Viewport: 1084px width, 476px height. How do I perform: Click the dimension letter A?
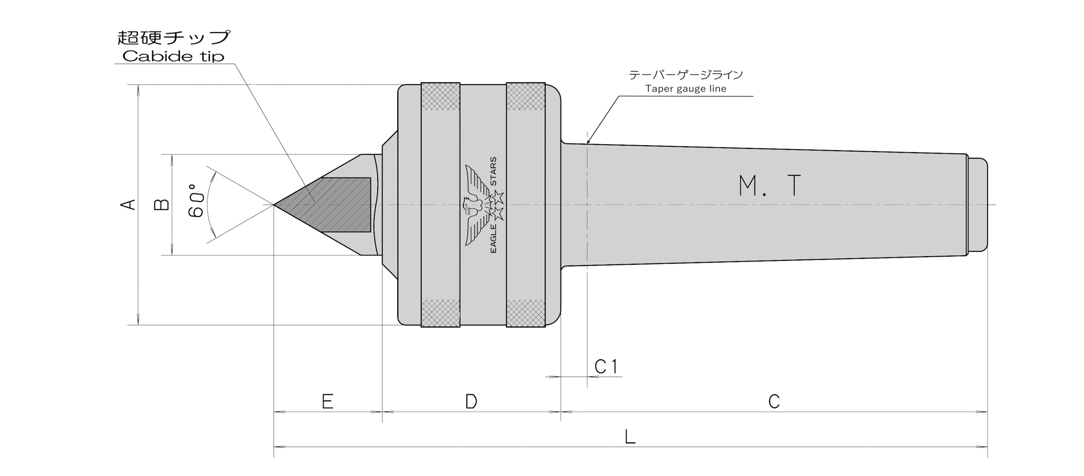coord(127,205)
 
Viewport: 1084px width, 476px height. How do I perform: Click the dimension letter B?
coord(162,204)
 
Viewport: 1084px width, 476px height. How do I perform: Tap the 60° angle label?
coord(196,201)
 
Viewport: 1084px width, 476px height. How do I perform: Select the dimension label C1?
coord(606,367)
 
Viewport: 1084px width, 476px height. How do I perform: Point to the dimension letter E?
coord(327,402)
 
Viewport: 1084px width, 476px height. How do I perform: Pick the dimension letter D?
coord(471,402)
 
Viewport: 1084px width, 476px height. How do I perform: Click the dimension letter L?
coord(630,436)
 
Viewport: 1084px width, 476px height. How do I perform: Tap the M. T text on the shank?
coord(770,186)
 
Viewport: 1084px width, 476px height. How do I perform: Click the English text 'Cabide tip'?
coord(173,56)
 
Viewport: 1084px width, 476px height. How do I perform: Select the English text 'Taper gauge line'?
coord(686,89)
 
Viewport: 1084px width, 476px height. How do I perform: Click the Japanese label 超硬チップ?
coord(174,37)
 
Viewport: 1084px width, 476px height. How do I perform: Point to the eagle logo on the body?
coord(477,205)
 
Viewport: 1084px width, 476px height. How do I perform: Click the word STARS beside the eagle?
coord(493,172)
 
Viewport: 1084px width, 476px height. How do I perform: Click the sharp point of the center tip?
coord(274,205)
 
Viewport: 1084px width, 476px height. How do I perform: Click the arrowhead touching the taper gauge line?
coord(590,140)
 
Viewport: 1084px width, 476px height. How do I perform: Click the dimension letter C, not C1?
coord(774,402)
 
